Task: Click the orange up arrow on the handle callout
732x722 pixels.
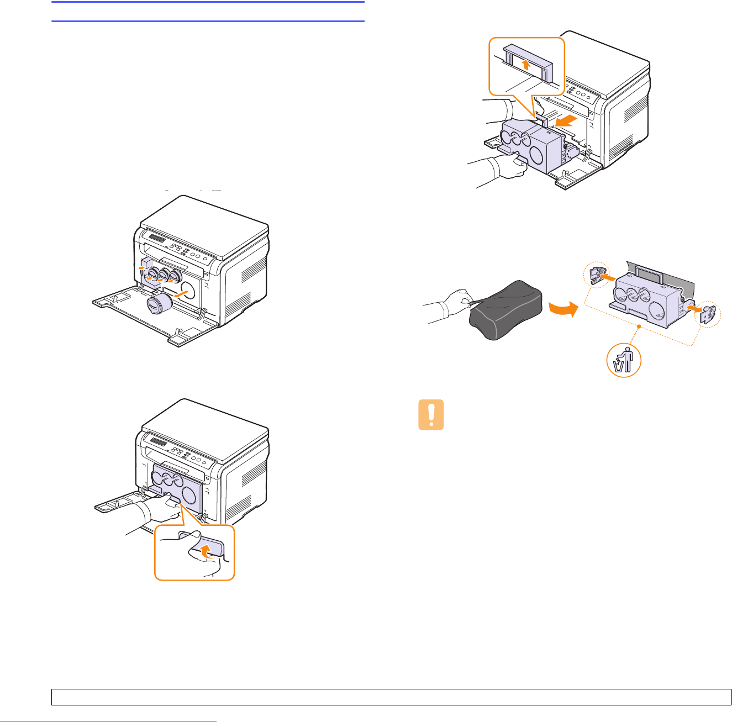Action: click(525, 66)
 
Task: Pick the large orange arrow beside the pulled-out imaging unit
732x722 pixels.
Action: click(567, 122)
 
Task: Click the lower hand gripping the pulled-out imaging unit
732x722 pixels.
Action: click(505, 166)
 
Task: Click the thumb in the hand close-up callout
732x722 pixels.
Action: click(185, 537)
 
